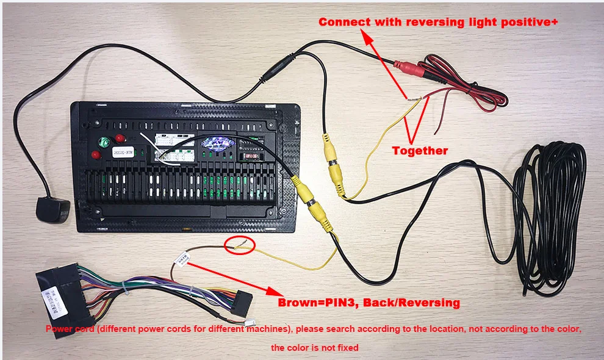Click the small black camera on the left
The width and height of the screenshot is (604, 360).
51,209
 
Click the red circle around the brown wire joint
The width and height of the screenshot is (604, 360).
239,246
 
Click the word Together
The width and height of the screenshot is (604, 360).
420,151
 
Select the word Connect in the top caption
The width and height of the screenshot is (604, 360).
344,22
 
